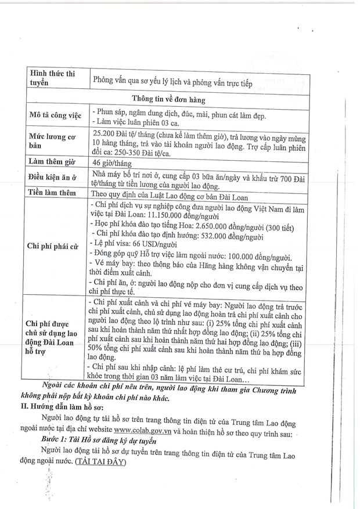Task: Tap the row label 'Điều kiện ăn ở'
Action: point(56,176)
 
